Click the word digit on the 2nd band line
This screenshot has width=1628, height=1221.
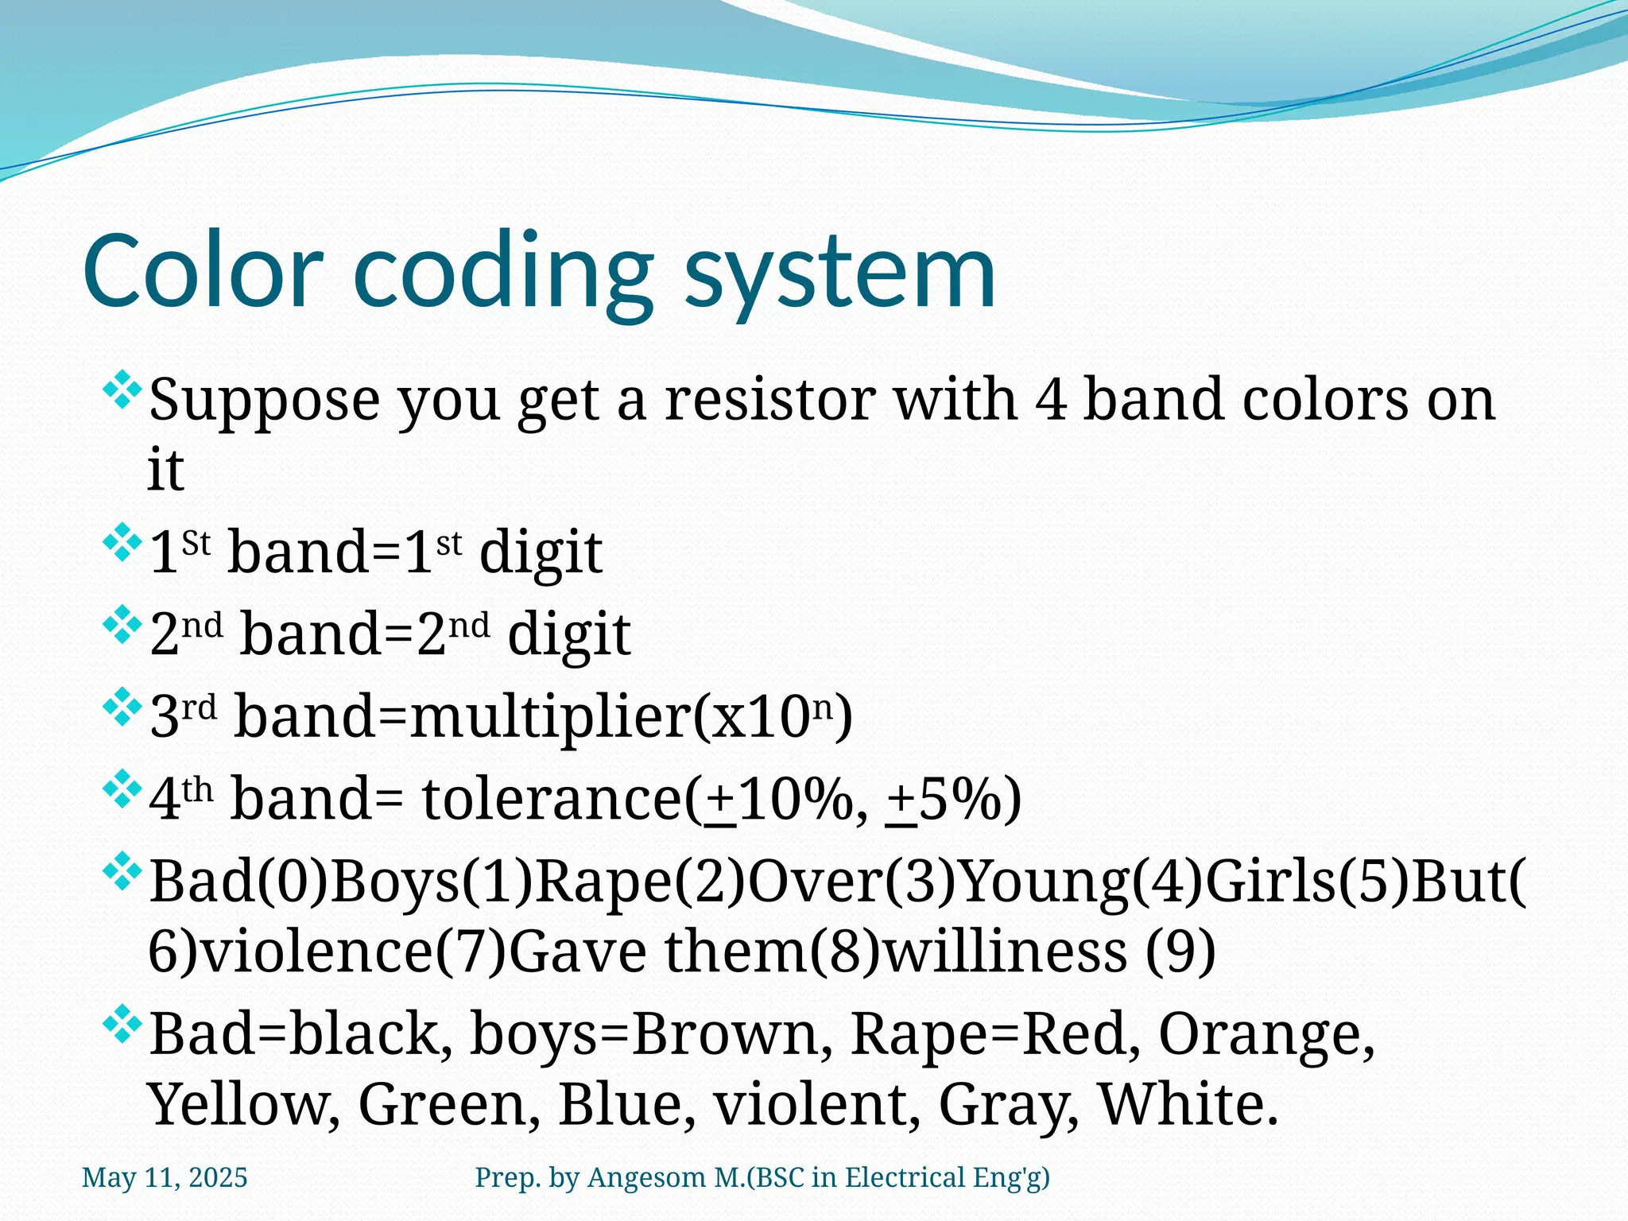(568, 634)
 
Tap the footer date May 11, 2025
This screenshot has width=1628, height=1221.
(165, 1177)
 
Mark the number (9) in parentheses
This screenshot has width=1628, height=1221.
(1180, 952)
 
